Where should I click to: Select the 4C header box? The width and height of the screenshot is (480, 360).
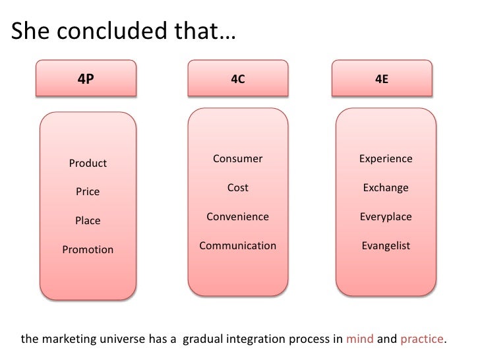(237, 79)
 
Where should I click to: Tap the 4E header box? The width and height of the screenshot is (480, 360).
(382, 79)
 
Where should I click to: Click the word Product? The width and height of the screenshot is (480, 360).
(88, 164)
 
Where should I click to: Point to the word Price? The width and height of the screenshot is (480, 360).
(88, 192)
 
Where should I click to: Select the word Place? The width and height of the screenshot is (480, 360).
(88, 221)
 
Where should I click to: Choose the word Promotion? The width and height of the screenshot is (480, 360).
(88, 250)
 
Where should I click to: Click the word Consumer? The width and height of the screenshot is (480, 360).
(237, 159)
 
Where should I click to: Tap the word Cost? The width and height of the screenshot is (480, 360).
(237, 188)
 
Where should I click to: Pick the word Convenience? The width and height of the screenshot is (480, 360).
(237, 217)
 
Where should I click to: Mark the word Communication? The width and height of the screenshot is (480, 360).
(237, 246)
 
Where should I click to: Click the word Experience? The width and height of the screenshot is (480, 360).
(386, 159)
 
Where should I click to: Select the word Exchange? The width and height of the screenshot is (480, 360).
(386, 188)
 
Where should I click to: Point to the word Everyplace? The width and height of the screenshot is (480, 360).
(386, 217)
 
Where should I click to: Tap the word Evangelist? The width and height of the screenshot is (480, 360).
(386, 246)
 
